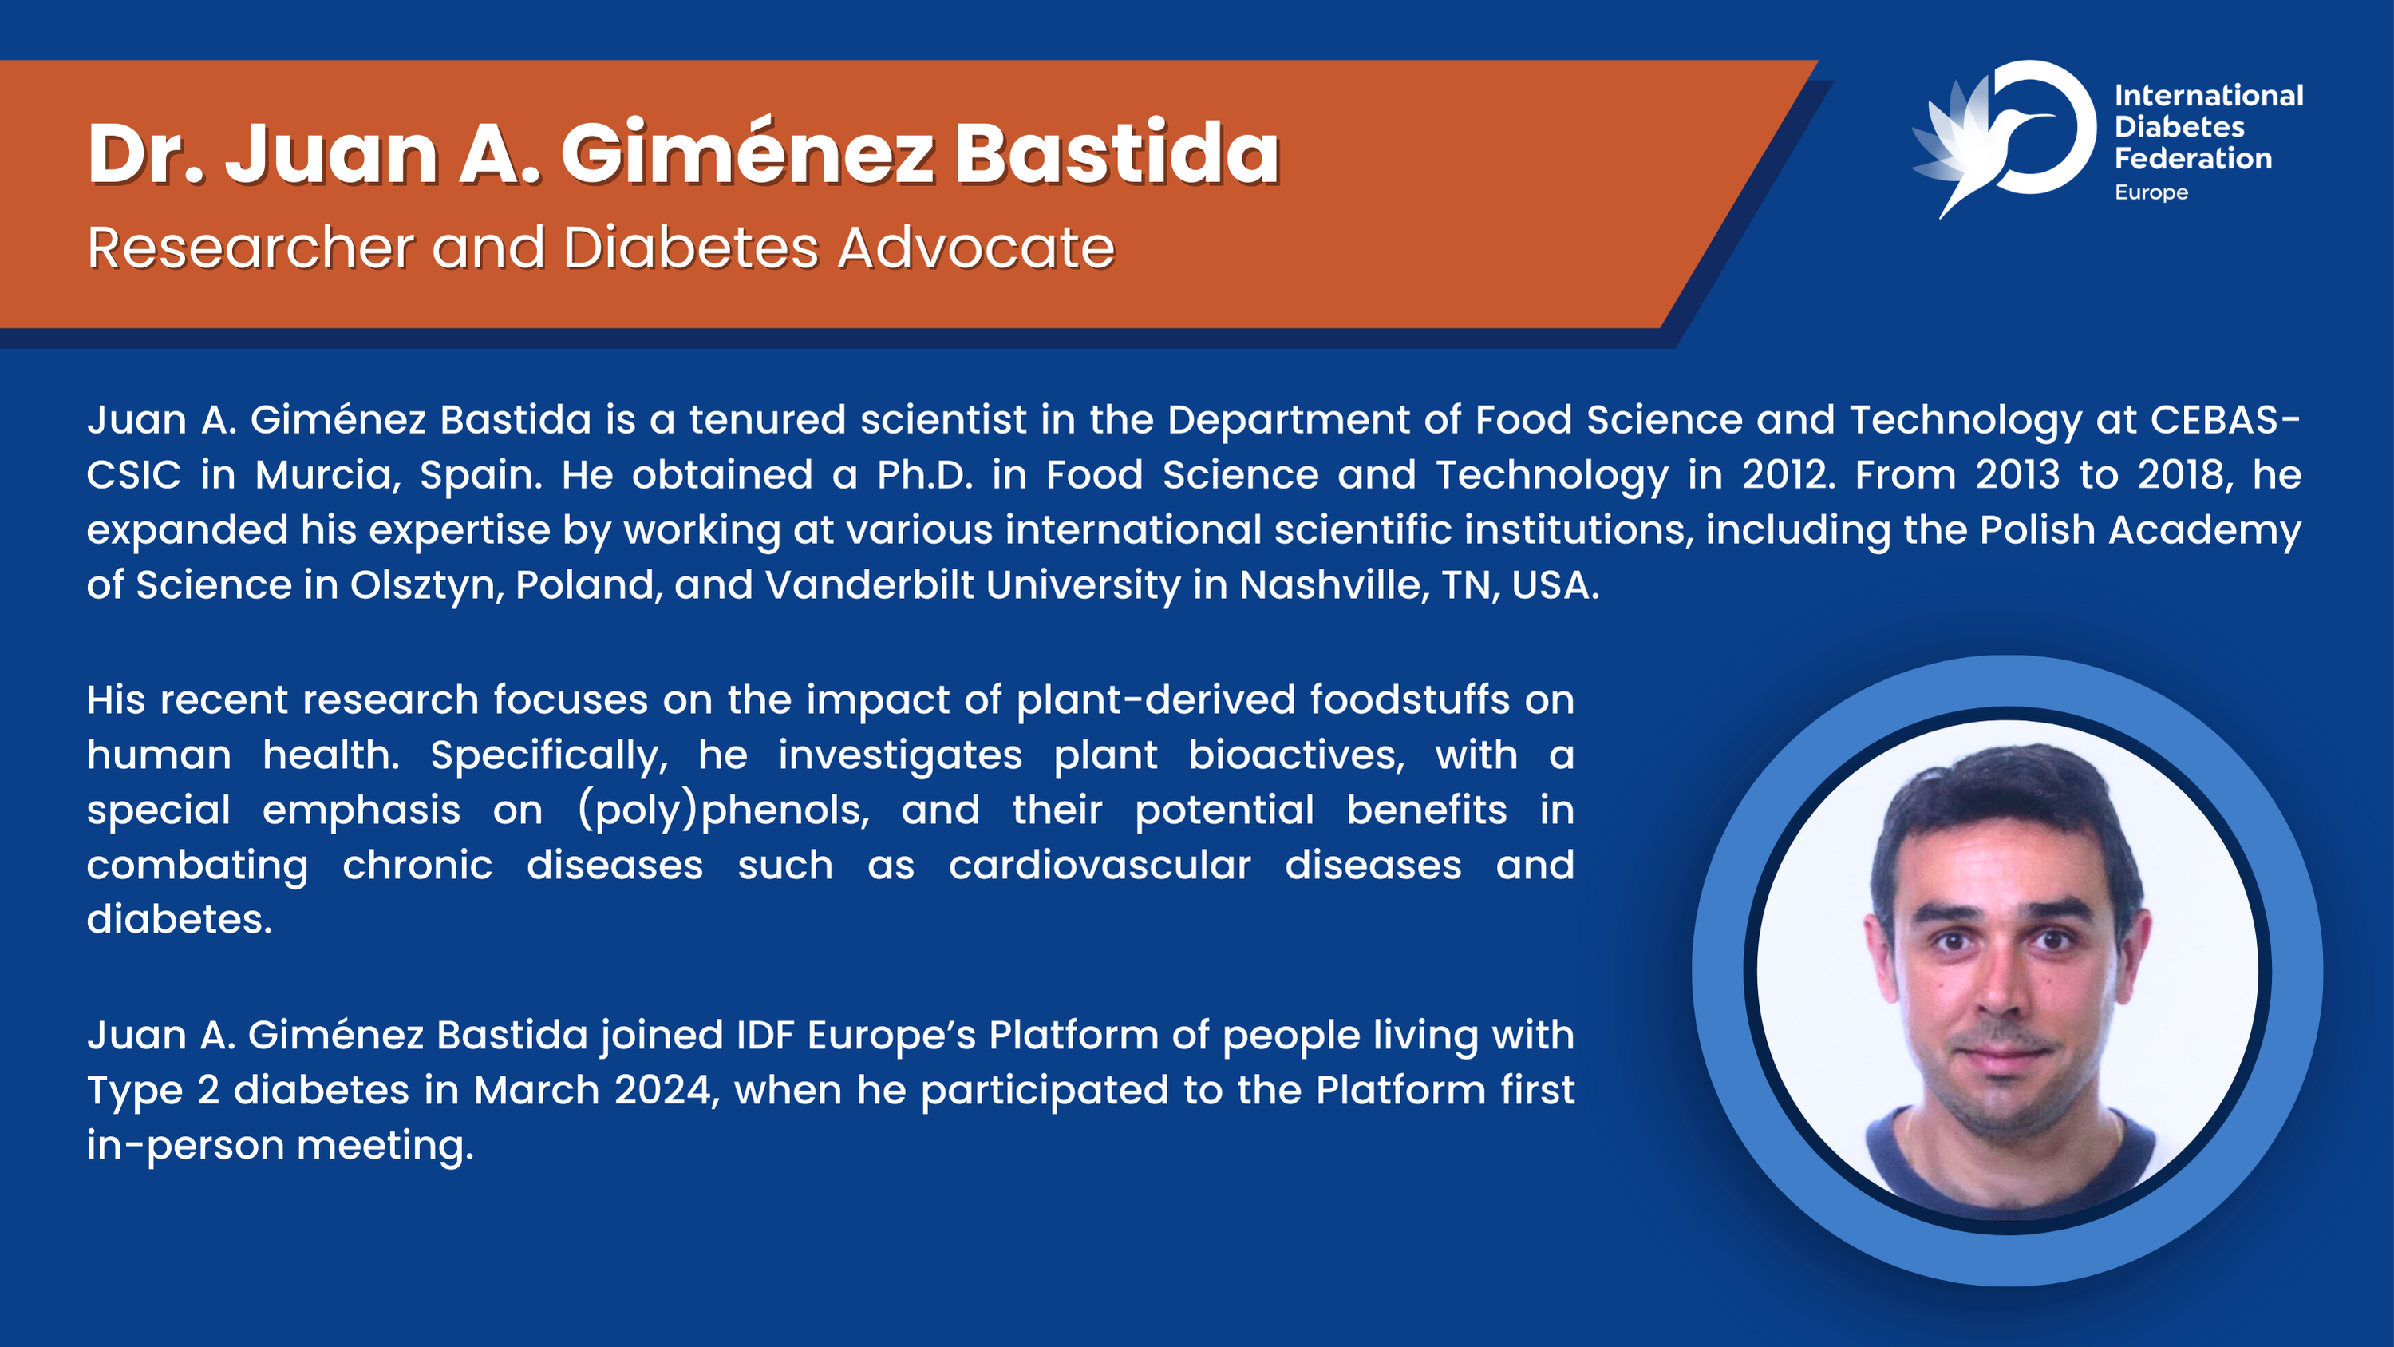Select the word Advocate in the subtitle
point(976,248)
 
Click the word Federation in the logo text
point(2193,159)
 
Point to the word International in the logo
point(2209,96)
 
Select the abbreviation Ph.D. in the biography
point(926,475)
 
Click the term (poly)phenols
point(724,810)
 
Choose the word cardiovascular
point(1100,866)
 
